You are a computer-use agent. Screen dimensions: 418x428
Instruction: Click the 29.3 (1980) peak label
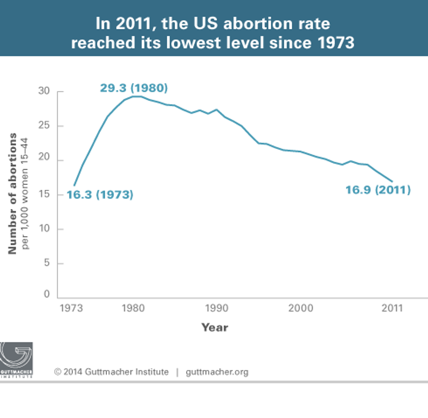point(134,87)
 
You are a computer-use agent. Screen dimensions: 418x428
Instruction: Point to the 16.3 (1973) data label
point(100,195)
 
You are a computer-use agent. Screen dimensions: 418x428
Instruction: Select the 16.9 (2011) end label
point(378,190)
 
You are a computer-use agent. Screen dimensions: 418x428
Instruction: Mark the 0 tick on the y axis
point(47,295)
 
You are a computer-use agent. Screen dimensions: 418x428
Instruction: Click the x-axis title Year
point(214,327)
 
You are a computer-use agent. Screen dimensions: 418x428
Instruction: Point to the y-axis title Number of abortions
point(13,194)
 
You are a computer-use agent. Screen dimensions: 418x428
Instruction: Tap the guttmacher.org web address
point(217,372)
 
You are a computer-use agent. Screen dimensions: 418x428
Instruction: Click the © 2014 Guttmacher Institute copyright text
point(111,372)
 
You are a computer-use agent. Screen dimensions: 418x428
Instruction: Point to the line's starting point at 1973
point(73,186)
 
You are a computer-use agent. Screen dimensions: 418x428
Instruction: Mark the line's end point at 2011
point(392,181)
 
